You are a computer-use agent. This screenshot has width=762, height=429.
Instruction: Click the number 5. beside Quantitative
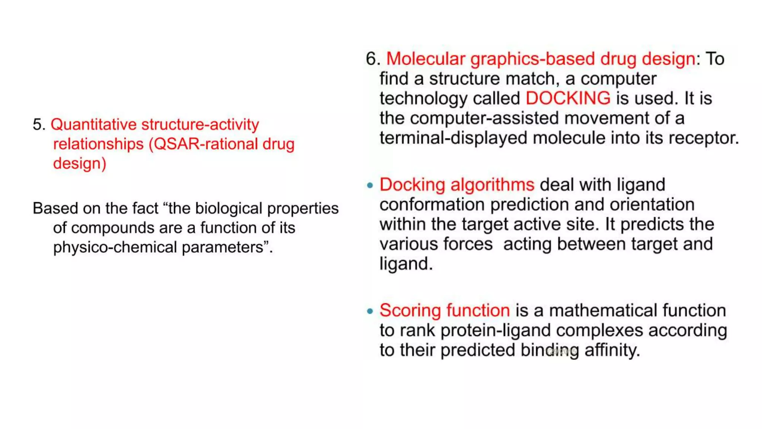(39, 125)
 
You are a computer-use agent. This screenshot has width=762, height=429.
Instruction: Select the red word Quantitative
(93, 125)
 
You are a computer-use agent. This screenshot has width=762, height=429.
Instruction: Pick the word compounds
(112, 228)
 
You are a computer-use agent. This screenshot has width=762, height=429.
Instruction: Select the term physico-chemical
(115, 248)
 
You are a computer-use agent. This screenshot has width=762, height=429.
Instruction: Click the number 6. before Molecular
(373, 59)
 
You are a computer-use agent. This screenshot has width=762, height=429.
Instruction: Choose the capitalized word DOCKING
(568, 99)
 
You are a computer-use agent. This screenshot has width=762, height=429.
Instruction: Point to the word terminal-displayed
(453, 138)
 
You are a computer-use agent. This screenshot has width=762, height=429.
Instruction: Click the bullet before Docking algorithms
(370, 185)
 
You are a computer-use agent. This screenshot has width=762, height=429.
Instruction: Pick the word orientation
(652, 205)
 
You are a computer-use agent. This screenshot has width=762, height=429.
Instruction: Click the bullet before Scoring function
(370, 311)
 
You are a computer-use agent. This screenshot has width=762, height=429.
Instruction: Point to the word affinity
(612, 350)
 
